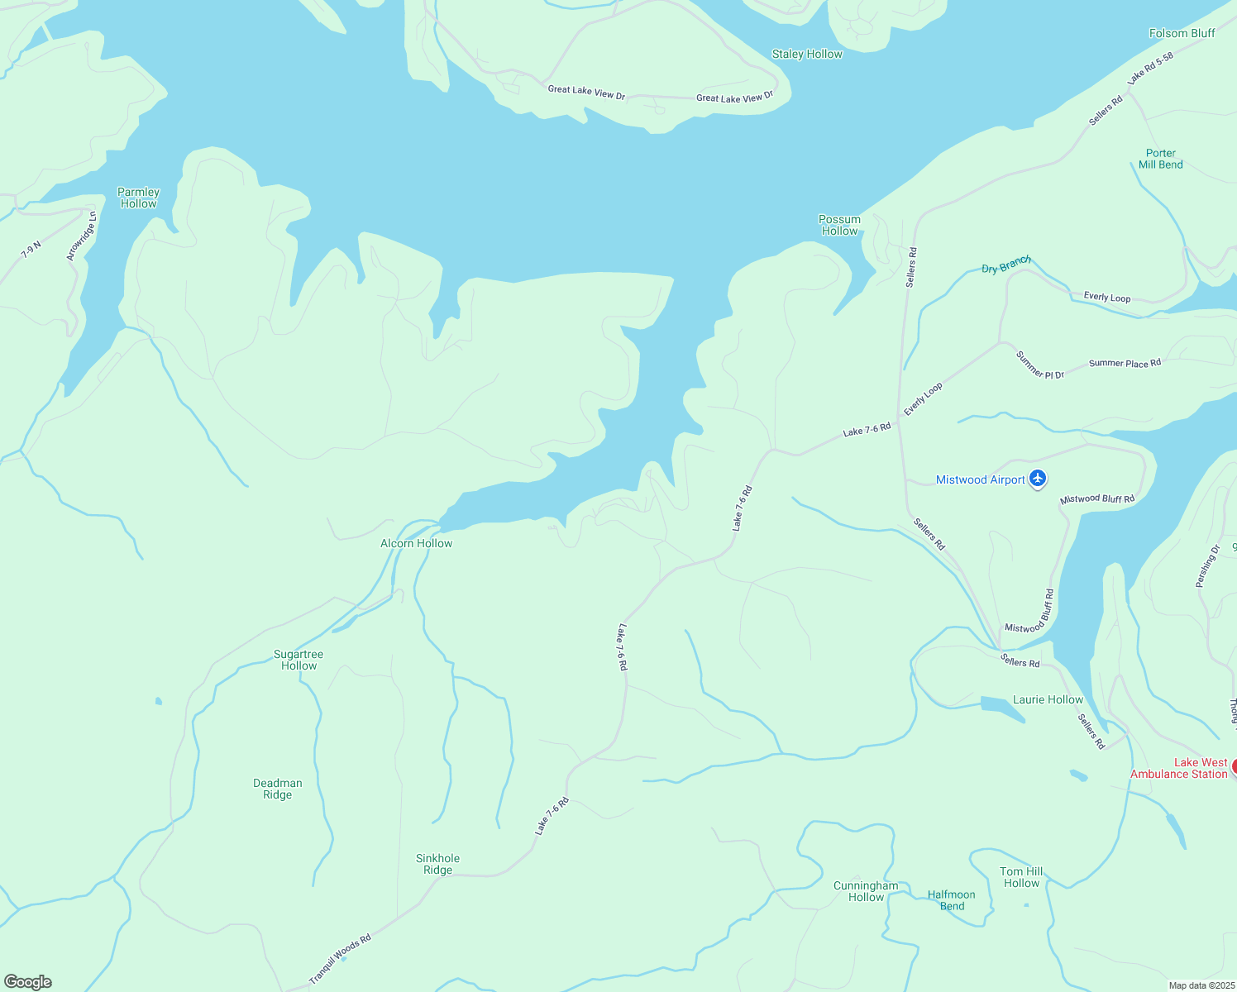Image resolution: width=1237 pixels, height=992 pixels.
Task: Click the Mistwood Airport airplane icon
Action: point(1039,479)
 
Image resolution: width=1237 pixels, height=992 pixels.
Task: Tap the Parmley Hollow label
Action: point(138,198)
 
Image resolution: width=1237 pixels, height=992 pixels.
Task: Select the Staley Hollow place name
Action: point(807,55)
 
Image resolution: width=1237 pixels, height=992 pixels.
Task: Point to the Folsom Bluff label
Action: point(1182,34)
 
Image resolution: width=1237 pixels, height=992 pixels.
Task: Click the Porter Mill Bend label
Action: point(1160,159)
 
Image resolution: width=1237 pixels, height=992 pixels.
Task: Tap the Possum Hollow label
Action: point(839,226)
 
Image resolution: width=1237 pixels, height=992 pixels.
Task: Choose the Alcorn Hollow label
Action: point(416,544)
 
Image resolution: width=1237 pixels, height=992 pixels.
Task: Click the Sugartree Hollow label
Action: point(299,661)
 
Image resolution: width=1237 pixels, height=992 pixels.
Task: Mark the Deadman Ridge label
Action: point(278,789)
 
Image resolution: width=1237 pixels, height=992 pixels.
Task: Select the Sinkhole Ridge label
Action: point(437,865)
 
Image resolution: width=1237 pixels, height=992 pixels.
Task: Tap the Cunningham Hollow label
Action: point(866,892)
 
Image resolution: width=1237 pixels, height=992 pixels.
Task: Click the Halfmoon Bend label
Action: point(952,900)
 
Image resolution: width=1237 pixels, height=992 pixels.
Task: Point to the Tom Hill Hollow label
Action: point(1021,878)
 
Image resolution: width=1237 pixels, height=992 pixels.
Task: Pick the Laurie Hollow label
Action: point(1048,700)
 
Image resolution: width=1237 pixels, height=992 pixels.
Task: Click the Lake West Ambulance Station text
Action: point(1179,769)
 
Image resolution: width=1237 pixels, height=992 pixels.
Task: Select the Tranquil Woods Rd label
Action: point(340,959)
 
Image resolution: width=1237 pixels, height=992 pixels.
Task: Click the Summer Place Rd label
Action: point(1125,364)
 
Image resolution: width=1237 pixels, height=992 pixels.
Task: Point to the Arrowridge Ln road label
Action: point(82,236)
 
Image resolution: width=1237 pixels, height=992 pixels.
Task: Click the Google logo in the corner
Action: point(28,982)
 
